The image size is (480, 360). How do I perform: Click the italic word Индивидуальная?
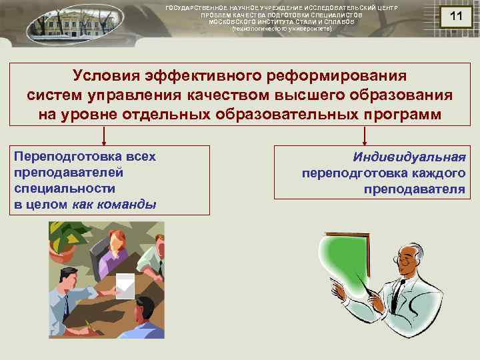click(x=409, y=157)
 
